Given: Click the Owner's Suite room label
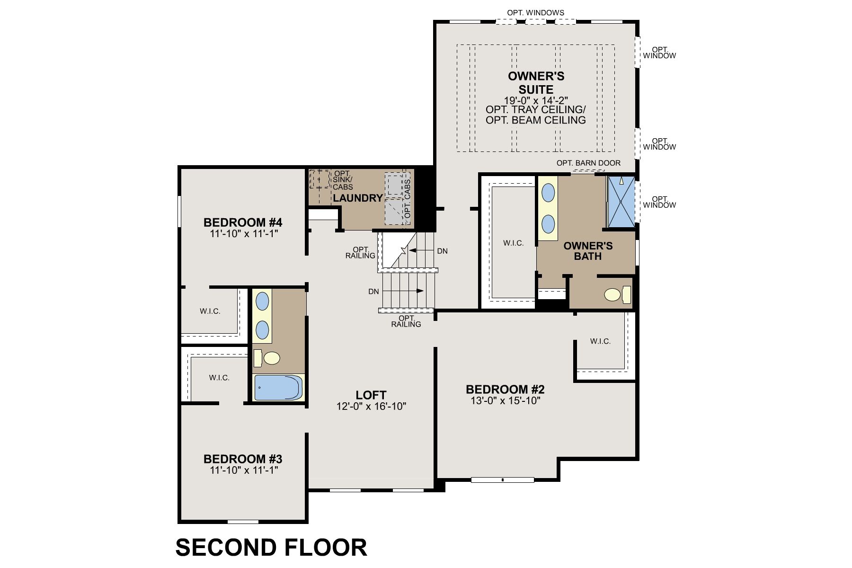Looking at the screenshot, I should point(536,83).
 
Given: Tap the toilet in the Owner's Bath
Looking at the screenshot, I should point(614,295).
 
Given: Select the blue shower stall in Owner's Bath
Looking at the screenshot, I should point(620,202).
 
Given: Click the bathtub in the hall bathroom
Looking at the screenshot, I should point(278,388).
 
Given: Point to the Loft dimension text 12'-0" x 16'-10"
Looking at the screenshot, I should point(371,406).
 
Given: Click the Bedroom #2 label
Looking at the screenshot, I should point(505,389).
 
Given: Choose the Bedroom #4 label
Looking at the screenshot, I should point(243,222).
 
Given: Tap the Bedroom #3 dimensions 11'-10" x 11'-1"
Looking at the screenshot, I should point(243,470).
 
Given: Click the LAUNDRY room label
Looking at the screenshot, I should point(357,198).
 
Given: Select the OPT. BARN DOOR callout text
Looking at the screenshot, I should point(588,163).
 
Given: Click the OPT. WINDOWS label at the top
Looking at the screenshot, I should point(535,13).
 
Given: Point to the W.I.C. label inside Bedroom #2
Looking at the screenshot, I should point(600,341).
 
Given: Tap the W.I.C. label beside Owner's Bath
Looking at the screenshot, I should point(513,243).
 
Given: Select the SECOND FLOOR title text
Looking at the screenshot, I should point(271,547).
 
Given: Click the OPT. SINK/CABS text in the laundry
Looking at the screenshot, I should point(343,180).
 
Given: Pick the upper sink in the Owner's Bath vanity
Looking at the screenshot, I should point(548,193).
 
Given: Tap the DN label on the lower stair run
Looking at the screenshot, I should point(373,292).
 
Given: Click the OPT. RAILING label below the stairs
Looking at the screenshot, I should point(406,321).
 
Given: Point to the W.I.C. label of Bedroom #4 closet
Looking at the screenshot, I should point(210,311).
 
